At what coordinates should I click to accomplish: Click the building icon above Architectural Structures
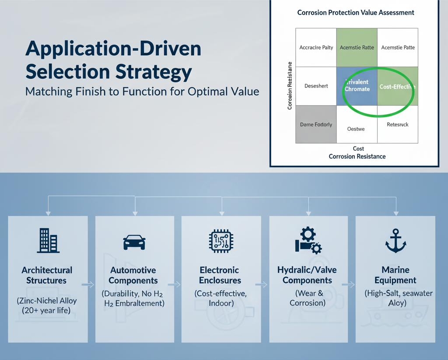[x=48, y=240]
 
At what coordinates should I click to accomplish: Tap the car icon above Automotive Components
[x=134, y=242]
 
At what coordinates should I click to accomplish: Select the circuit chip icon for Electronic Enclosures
[x=220, y=241]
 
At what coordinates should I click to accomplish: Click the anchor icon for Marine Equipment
[x=395, y=241]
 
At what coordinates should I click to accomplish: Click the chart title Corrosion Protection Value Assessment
[x=355, y=13]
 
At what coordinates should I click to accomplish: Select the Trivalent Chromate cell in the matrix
[x=357, y=85]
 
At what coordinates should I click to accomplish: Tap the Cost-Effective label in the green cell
[x=397, y=87]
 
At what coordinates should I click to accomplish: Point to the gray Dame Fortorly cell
[x=316, y=124]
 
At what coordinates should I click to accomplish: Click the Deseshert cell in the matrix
[x=316, y=86]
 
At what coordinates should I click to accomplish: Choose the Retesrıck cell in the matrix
[x=397, y=124]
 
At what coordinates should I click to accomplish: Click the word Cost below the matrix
[x=358, y=149]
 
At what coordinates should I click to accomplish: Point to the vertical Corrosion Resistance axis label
[x=290, y=86]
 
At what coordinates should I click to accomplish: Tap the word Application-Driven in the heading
[x=113, y=49]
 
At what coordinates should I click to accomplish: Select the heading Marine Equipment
[x=395, y=275]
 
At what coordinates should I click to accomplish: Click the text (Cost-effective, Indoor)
[x=220, y=298]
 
